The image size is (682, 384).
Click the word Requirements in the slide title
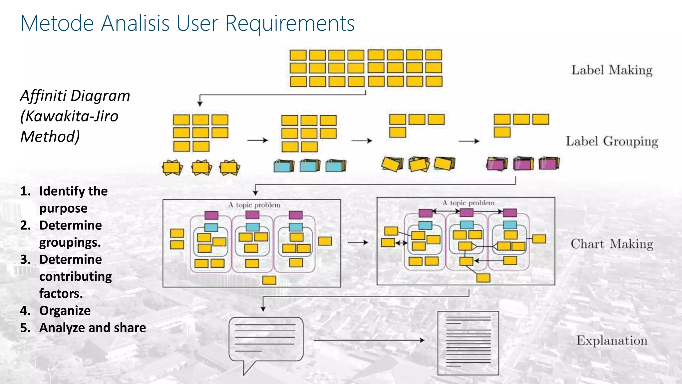click(x=290, y=23)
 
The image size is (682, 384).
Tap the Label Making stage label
click(x=612, y=70)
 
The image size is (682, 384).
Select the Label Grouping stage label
click(x=612, y=141)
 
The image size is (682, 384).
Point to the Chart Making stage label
click(x=612, y=244)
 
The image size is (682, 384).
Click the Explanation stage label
click(x=612, y=341)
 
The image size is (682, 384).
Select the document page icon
click(x=468, y=343)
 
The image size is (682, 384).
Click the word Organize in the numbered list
click(x=65, y=311)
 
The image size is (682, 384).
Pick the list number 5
click(x=25, y=328)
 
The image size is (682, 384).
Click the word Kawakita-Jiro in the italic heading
click(x=72, y=116)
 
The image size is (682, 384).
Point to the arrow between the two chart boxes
click(x=358, y=242)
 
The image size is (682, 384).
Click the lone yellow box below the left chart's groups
click(x=269, y=280)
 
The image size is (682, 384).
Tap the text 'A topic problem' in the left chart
click(x=254, y=205)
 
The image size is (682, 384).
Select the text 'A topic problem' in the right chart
click(x=468, y=203)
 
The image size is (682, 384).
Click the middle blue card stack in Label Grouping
click(x=310, y=165)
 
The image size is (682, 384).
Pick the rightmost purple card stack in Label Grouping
click(x=549, y=163)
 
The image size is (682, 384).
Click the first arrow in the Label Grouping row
click(x=257, y=140)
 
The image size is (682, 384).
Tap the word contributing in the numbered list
click(x=76, y=277)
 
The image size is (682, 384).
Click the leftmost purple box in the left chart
click(x=211, y=215)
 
